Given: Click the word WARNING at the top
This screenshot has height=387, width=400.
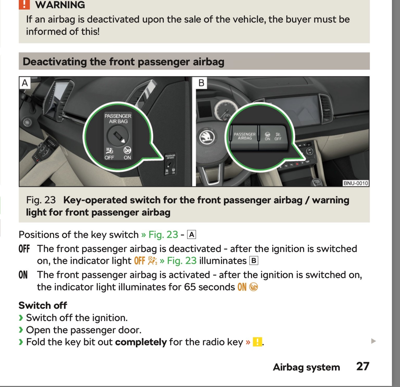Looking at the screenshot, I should pyautogui.click(x=60, y=5).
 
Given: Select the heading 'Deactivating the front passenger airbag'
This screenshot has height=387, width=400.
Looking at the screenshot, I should pyautogui.click(x=123, y=62).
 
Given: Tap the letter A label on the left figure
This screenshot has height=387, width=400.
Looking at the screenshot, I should pyautogui.click(x=25, y=83).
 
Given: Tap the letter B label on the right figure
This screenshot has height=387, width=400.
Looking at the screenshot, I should pyautogui.click(x=201, y=83).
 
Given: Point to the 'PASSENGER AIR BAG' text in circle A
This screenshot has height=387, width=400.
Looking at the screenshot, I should pyautogui.click(x=118, y=118).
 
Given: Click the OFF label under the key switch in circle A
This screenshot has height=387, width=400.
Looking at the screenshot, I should pyautogui.click(x=109, y=158).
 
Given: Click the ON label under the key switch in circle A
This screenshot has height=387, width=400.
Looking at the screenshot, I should pyautogui.click(x=127, y=158).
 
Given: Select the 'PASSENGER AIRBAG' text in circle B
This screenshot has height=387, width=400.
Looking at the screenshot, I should pyautogui.click(x=245, y=136).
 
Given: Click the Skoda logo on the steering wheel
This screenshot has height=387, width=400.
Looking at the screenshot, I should pyautogui.click(x=207, y=137).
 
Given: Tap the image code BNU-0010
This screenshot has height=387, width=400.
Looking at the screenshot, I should pyautogui.click(x=355, y=183).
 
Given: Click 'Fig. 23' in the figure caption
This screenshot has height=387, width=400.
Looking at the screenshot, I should pyautogui.click(x=41, y=200).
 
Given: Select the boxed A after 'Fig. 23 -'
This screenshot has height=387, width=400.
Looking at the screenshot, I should pyautogui.click(x=191, y=235).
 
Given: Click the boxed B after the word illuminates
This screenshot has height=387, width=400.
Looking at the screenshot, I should pyautogui.click(x=254, y=261).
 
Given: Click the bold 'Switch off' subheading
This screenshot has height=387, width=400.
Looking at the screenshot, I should pyautogui.click(x=43, y=305).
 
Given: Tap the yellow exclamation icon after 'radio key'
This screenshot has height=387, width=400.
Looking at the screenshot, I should pyautogui.click(x=257, y=342).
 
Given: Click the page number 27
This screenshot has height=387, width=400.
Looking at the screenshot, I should pyautogui.click(x=362, y=366).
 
